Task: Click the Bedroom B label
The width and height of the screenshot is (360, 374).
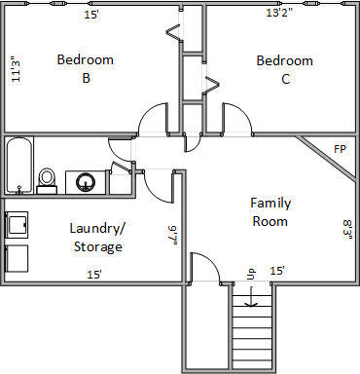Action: point(86,69)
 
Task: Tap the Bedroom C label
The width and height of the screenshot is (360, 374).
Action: point(285,70)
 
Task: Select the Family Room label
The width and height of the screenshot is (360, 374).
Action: point(270,212)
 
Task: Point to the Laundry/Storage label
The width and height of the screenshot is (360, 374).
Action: point(97,238)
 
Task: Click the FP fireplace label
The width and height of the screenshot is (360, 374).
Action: point(341,149)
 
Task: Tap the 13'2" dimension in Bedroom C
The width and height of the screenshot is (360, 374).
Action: point(279,13)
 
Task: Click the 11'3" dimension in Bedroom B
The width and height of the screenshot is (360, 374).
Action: point(16,69)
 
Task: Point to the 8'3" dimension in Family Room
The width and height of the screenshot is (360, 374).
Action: point(348,230)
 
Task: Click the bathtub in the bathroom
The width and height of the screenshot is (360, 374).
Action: point(19,166)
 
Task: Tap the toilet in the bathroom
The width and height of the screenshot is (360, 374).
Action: point(47,181)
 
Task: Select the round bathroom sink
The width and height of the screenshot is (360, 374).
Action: point(86,182)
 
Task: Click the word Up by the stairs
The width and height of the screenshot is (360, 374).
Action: point(251,274)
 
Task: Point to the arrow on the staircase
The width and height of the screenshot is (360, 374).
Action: point(251,297)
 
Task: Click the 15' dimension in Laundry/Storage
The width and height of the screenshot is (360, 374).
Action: point(94,275)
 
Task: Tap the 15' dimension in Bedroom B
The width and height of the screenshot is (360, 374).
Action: point(91,15)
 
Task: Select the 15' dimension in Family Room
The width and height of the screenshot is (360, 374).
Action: point(277,271)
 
